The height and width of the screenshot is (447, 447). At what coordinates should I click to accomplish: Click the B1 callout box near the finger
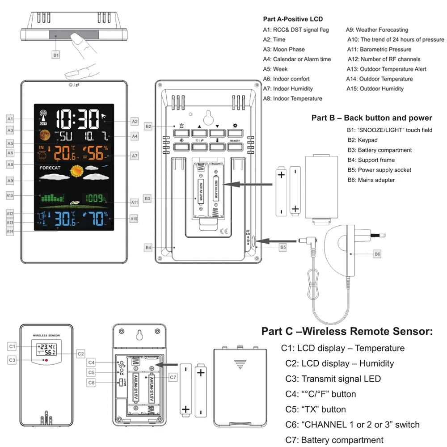[56, 55]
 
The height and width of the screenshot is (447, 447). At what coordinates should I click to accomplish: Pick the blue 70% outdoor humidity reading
[93, 219]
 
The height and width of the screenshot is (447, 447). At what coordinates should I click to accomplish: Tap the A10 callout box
[10, 195]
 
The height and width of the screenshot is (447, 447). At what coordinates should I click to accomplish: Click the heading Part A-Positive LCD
[293, 19]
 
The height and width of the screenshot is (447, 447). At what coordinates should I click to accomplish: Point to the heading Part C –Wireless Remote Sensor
[347, 331]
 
